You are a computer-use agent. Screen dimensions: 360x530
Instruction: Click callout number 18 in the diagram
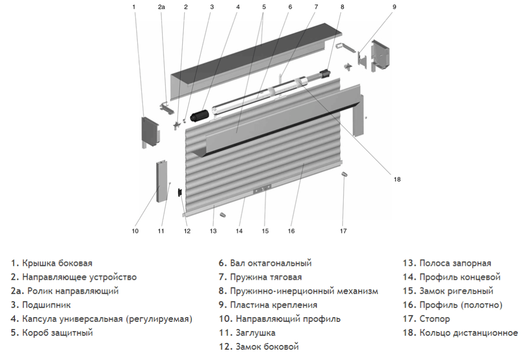tap(397, 179)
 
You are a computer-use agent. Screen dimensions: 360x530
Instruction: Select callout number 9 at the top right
tap(394, 7)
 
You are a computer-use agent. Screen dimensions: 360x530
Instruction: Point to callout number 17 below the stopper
tap(343, 231)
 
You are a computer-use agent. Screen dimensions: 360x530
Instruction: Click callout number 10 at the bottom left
tap(135, 231)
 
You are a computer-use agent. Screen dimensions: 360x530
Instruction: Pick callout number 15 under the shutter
tap(265, 231)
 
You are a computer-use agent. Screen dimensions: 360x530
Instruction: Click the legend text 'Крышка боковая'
tap(57, 264)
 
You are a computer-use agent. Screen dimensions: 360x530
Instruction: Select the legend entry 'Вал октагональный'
tap(270, 264)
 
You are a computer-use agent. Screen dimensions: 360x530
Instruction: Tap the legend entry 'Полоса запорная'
tap(455, 264)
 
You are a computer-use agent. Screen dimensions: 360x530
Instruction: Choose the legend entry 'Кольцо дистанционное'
tap(468, 333)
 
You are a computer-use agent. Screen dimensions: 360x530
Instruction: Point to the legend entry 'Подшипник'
tap(46, 305)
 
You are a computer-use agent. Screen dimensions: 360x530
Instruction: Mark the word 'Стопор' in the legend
tap(434, 319)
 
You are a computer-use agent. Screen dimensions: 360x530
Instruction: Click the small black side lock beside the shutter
tap(180, 193)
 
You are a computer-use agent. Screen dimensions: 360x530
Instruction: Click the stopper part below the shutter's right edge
tap(344, 176)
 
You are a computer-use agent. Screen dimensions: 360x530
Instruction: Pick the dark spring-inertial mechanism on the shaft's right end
tap(326, 74)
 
